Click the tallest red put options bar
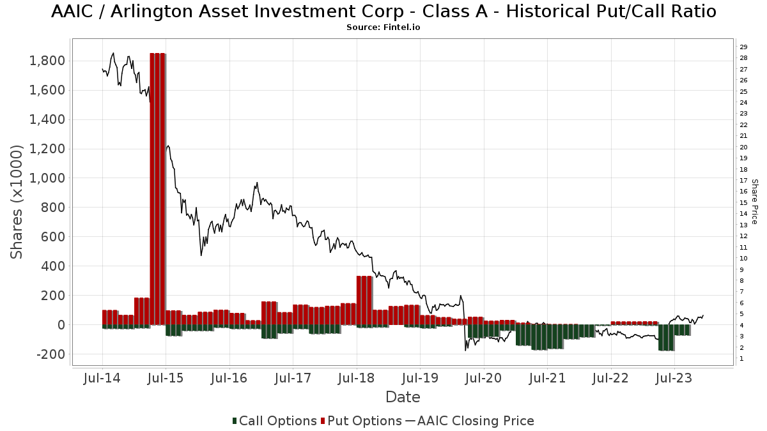pos(158,189)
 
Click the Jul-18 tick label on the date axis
pos(357,378)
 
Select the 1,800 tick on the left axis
pos(47,61)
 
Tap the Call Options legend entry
pos(275,421)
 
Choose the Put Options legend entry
pos(362,421)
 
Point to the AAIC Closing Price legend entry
pos(470,421)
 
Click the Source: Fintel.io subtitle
pos(383,27)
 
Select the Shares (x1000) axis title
pos(16,202)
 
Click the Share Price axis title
pos(754,202)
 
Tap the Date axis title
pos(403,397)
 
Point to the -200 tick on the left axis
pos(50,354)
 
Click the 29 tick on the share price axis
pos(743,47)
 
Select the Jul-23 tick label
pos(674,378)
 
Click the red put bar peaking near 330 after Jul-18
pos(364,300)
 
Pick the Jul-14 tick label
pos(102,378)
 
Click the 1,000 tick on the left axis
pos(47,178)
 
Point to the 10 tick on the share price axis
pos(743,258)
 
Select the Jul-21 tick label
pos(547,378)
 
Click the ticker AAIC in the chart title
pos(72,11)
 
